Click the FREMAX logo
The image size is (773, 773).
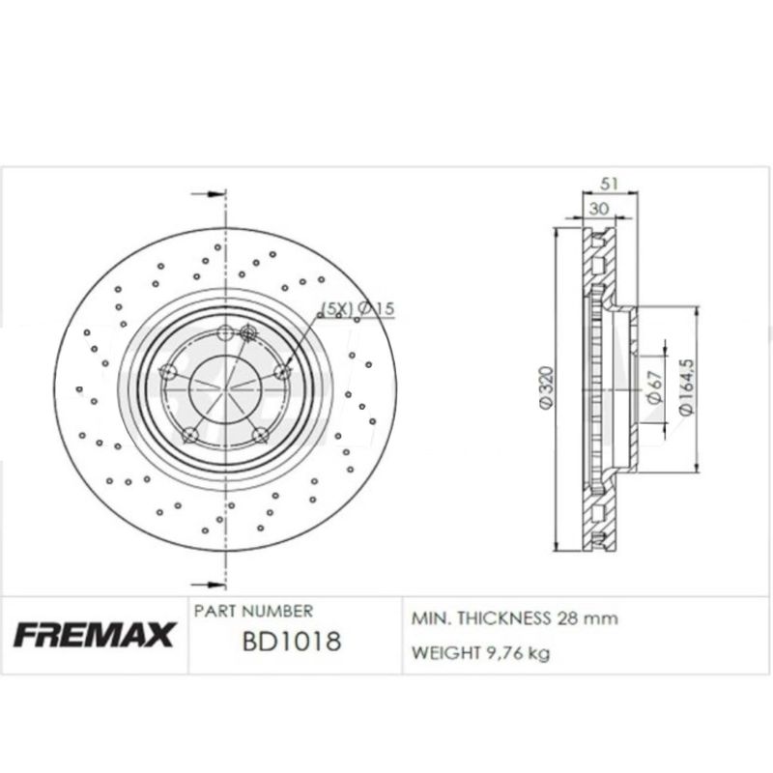tap(93, 635)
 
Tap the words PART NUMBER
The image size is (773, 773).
tap(253, 611)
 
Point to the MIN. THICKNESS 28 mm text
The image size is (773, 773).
tap(515, 617)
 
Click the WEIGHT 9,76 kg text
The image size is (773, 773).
tap(481, 654)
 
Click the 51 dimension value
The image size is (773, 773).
tap(610, 184)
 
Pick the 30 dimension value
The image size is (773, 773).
tap(599, 208)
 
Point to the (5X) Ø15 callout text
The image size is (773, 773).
tap(359, 308)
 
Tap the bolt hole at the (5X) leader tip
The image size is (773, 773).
tap(283, 373)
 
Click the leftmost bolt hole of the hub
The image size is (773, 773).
tap(168, 372)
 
